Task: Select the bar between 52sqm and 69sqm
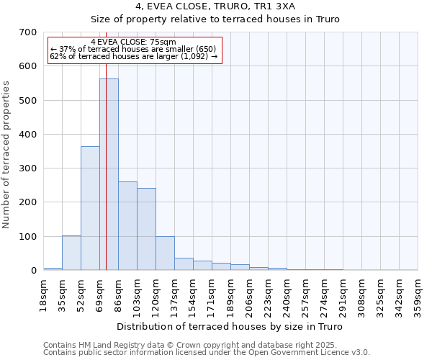(x=90, y=208)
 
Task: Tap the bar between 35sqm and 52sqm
(x=71, y=253)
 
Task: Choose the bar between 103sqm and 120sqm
(x=146, y=229)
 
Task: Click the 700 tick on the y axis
(x=28, y=32)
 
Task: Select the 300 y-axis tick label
(x=28, y=168)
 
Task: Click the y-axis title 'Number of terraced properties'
(x=7, y=154)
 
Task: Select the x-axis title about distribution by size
(x=230, y=327)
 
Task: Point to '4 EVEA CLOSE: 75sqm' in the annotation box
(x=133, y=42)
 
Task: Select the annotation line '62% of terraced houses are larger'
(x=133, y=56)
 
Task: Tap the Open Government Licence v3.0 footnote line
(x=207, y=353)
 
